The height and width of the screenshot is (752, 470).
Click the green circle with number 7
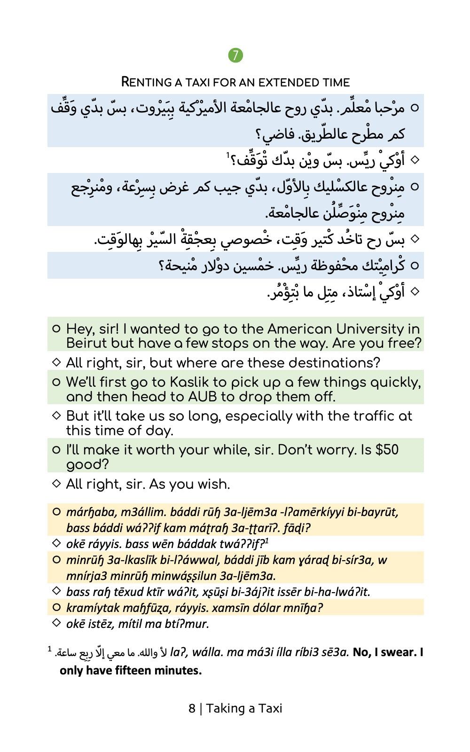click(235, 55)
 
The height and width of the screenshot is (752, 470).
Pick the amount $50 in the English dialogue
click(387, 450)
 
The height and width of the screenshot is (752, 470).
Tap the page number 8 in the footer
click(192, 708)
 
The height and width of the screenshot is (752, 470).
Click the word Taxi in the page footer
click(270, 708)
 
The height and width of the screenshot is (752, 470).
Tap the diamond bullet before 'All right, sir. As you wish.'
click(56, 483)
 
